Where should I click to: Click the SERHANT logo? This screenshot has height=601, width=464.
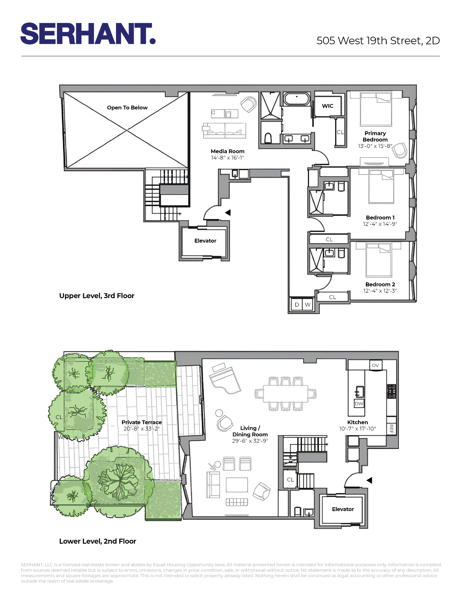click(88, 34)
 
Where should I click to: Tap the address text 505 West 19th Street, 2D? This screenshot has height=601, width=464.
click(378, 41)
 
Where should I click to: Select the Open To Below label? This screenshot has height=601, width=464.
click(127, 108)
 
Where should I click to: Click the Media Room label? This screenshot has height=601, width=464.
click(227, 151)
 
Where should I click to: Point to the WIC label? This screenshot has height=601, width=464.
click(327, 106)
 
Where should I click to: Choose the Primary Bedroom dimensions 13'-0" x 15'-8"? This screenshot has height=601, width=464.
click(375, 146)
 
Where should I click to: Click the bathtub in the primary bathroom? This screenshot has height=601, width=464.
click(297, 99)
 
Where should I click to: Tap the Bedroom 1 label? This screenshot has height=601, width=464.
click(380, 218)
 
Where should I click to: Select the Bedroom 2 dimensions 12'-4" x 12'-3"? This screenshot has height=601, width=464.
click(380, 291)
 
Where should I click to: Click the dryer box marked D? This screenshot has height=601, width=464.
click(297, 305)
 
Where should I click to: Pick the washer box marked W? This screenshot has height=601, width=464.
click(307, 305)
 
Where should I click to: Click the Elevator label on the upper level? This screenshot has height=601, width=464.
click(205, 241)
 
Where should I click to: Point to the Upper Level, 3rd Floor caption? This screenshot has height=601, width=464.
click(96, 296)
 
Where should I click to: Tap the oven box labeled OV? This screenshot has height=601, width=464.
click(375, 365)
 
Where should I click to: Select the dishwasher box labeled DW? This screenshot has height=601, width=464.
click(359, 404)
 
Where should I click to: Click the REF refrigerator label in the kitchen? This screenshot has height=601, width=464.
click(391, 428)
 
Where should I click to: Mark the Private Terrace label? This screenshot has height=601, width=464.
click(142, 422)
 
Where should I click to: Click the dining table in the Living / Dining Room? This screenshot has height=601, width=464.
click(286, 393)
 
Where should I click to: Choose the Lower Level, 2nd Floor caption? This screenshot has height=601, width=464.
click(98, 541)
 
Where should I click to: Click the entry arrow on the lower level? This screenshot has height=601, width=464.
click(369, 480)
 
